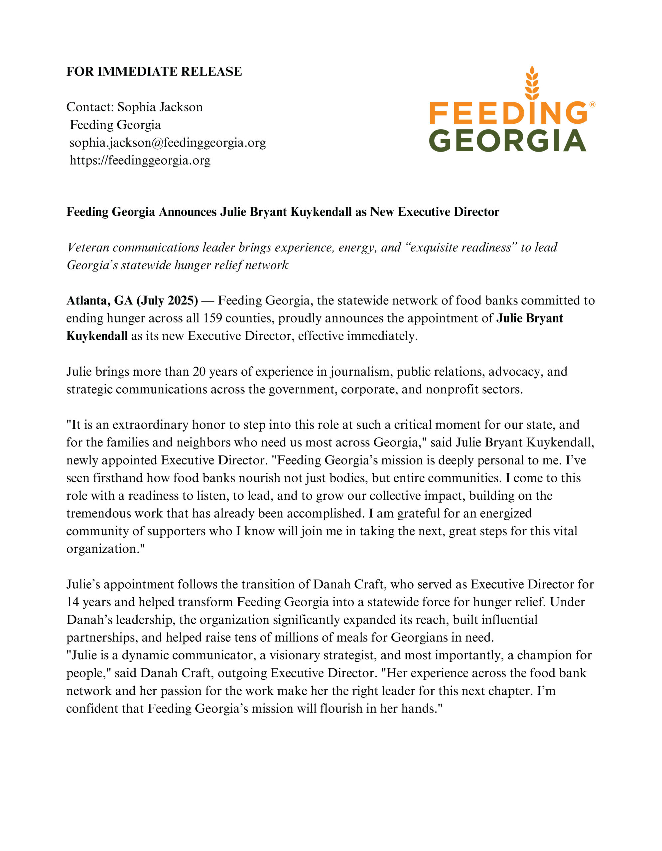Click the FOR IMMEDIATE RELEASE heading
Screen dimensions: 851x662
click(154, 72)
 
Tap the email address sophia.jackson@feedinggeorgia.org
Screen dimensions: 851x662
click(168, 143)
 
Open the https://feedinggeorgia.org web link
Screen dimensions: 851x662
click(140, 160)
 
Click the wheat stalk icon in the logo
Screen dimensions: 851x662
click(532, 83)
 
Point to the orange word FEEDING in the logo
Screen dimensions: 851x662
click(508, 113)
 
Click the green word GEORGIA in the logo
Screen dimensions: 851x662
click(507, 141)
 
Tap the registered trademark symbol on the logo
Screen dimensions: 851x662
click(592, 104)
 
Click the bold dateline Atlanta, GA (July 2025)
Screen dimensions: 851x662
click(132, 301)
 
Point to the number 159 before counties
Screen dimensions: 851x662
click(212, 318)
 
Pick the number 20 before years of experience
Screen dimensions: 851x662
click(199, 372)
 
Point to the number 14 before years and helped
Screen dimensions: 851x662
click(72, 602)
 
